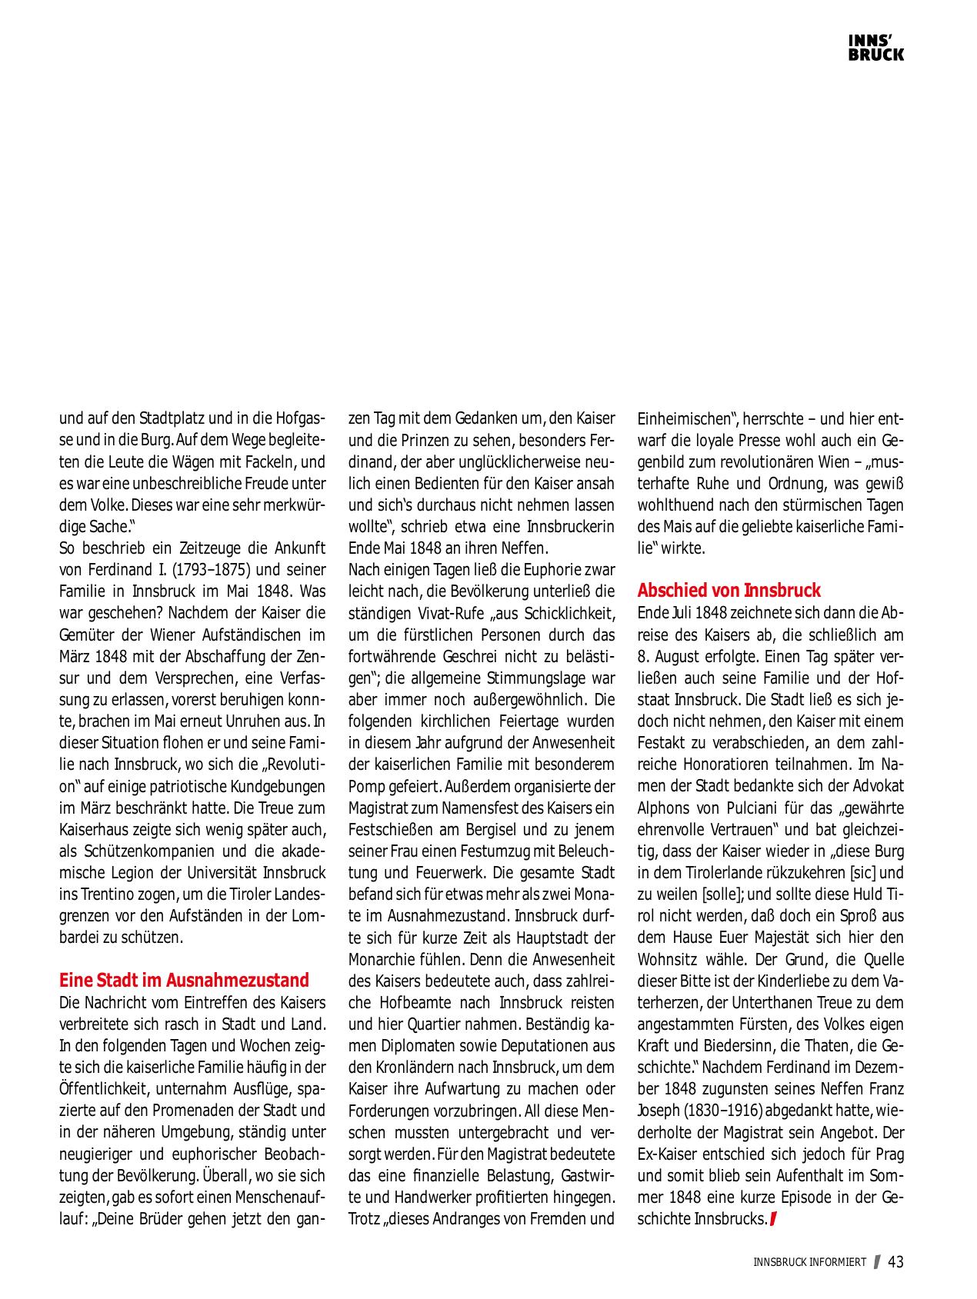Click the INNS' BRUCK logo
(x=875, y=48)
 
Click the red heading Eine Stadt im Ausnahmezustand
(x=184, y=981)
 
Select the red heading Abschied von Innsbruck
(x=729, y=591)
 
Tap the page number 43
(x=896, y=1262)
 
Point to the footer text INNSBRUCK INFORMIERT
(x=809, y=1263)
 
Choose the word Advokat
(x=875, y=787)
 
